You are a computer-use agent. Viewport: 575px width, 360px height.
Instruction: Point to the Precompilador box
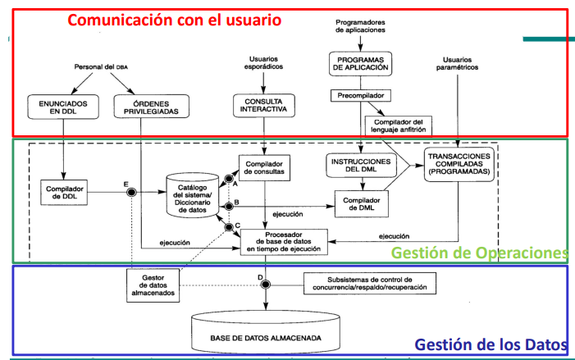pyautogui.click(x=359, y=95)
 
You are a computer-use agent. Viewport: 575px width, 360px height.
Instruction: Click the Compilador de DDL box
pyautogui.click(x=63, y=190)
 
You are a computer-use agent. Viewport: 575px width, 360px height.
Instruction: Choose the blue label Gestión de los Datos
pyautogui.click(x=491, y=345)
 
